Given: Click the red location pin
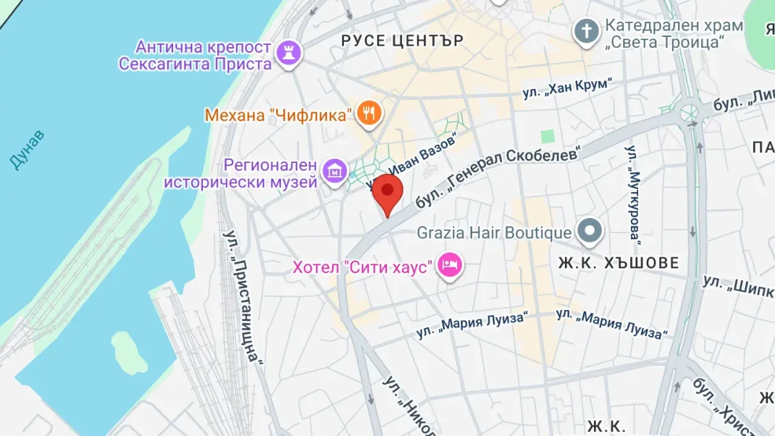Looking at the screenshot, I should pyautogui.click(x=387, y=191).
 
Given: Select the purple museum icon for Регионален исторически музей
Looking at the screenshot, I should pyautogui.click(x=335, y=172).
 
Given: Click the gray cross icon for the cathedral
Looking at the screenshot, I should pyautogui.click(x=585, y=31).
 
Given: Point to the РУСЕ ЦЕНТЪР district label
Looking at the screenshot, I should pyautogui.click(x=402, y=41).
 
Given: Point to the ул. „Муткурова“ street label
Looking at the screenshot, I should pyautogui.click(x=634, y=193).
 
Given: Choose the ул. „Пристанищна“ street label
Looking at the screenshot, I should pyautogui.click(x=243, y=297).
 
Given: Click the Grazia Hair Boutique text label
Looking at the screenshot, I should pyautogui.click(x=494, y=233).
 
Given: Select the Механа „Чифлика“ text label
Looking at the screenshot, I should pyautogui.click(x=278, y=114).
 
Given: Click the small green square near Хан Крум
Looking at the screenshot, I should pyautogui.click(x=548, y=136).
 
